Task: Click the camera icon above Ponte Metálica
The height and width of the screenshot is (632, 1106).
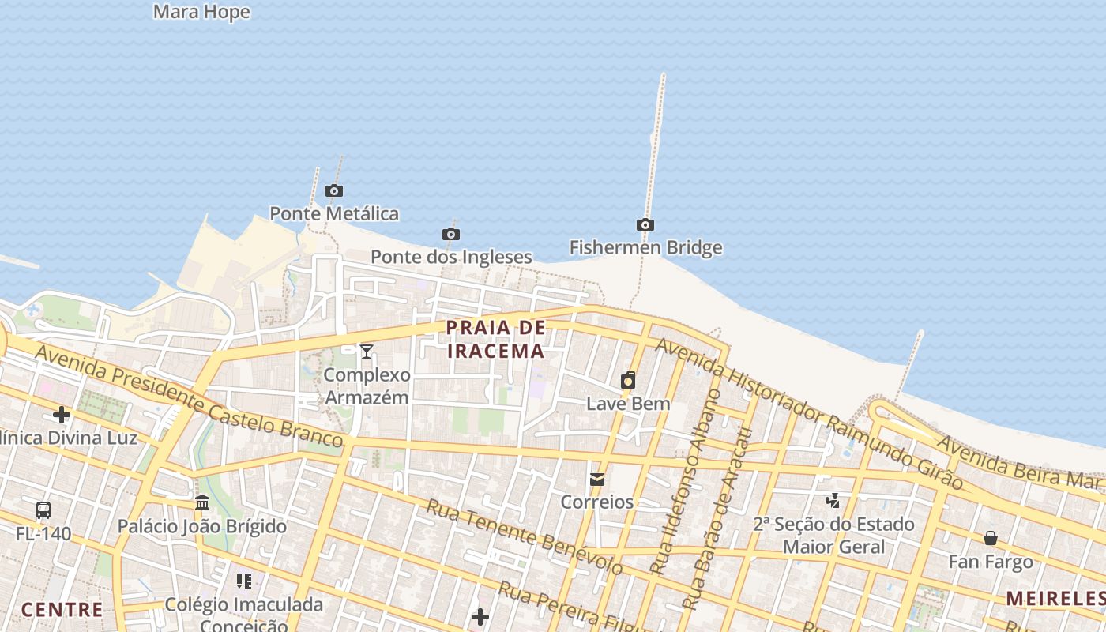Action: tap(334, 190)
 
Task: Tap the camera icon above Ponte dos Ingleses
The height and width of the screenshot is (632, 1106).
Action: tap(451, 234)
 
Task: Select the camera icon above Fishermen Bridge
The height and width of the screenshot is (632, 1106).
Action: tap(645, 224)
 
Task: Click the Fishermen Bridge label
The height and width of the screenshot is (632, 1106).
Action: tap(645, 247)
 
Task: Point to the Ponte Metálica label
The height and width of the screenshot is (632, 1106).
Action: tap(334, 213)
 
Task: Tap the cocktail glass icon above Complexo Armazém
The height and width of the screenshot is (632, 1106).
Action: tap(366, 351)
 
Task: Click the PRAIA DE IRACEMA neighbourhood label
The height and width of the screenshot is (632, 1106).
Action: tap(495, 339)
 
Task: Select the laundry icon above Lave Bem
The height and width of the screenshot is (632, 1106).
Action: tap(628, 381)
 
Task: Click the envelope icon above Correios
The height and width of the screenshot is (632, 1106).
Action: tap(597, 479)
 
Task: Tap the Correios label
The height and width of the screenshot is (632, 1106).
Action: tap(597, 502)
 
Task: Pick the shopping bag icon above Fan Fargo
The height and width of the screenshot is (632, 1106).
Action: tap(991, 539)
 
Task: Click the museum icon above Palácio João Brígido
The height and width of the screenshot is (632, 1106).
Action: tap(202, 503)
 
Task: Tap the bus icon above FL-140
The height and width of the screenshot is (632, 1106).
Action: tap(43, 510)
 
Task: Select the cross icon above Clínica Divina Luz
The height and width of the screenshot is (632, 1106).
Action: tap(62, 415)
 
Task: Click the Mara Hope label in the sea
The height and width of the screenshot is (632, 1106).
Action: tap(201, 12)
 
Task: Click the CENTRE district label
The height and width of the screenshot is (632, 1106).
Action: tap(62, 609)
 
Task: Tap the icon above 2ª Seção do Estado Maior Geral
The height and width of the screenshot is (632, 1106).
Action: tap(833, 500)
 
